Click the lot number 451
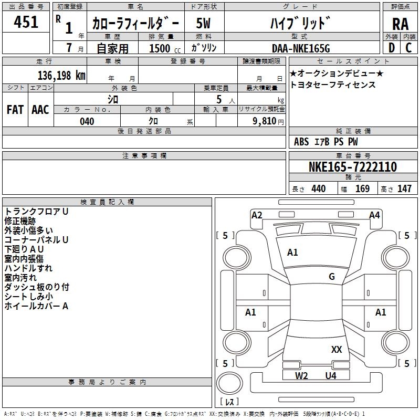[x=26, y=22]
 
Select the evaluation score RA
[x=400, y=24]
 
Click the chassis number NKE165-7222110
[x=353, y=167]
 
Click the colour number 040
[x=87, y=121]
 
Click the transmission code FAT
[x=15, y=110]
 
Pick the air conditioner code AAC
[x=40, y=110]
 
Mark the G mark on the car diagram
[x=332, y=277]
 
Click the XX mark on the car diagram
[x=337, y=349]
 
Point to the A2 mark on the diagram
[x=257, y=215]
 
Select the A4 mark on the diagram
[x=374, y=215]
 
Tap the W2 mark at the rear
[x=301, y=375]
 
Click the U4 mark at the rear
[x=330, y=375]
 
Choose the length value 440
[x=318, y=189]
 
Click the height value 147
[x=404, y=189]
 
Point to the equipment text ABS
[x=301, y=142]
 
